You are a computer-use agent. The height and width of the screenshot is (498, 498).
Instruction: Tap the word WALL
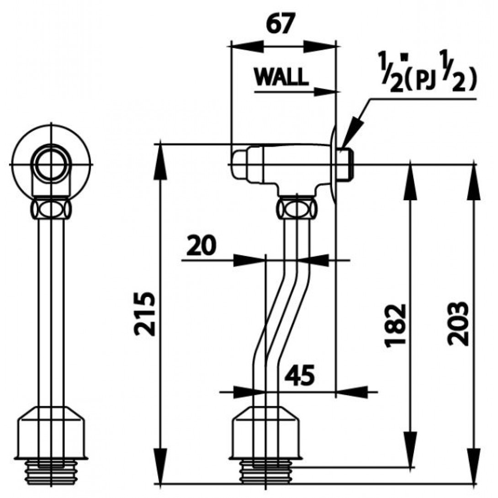(281, 77)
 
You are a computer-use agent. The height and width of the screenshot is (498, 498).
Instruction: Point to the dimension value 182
(395, 325)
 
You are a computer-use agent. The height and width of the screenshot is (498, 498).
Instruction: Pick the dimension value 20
(201, 247)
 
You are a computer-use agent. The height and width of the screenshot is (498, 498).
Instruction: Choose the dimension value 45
(299, 376)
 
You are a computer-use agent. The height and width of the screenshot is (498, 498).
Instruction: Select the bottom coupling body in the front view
(52, 434)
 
